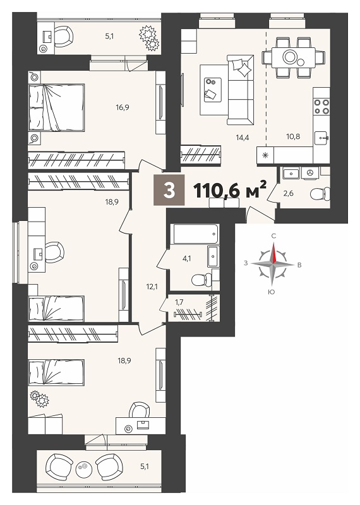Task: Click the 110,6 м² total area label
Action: tap(229, 191)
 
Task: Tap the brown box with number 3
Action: tap(169, 191)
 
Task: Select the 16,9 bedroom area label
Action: tap(123, 107)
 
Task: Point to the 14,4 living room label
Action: tap(243, 137)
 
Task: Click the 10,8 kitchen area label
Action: tap(293, 136)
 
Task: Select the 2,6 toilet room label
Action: tap(289, 194)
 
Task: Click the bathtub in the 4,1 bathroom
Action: tap(196, 234)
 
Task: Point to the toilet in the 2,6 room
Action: tap(320, 194)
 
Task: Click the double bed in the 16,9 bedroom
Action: tap(56, 108)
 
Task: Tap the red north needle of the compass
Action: tap(274, 253)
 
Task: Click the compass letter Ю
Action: tap(273, 292)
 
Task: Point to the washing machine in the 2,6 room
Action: tap(311, 172)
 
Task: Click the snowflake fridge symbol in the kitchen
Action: tap(265, 155)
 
